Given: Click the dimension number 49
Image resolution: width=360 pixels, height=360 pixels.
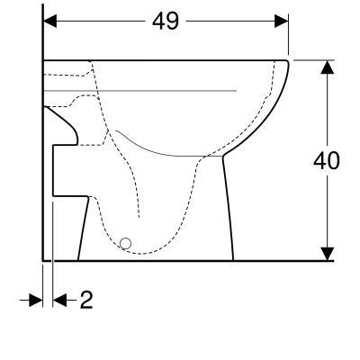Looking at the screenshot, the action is (166, 22).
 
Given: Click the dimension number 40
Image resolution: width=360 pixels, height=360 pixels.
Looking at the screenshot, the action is (327, 160).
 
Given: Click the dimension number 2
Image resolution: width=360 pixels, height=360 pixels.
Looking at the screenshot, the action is (86, 300).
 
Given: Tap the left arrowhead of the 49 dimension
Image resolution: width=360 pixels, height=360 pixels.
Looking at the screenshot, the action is (50, 22).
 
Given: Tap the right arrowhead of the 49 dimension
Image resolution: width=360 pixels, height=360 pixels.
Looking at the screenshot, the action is (282, 22).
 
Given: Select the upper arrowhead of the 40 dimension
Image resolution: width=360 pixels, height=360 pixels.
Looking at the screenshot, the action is (327, 67).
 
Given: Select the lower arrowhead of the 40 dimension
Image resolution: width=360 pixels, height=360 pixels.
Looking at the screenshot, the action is (327, 254).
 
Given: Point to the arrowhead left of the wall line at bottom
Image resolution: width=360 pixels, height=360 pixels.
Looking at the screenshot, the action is (36, 300).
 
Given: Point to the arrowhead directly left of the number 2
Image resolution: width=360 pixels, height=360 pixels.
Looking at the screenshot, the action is (59, 300).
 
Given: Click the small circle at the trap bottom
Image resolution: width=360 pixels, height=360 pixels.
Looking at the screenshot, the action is (125, 244).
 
